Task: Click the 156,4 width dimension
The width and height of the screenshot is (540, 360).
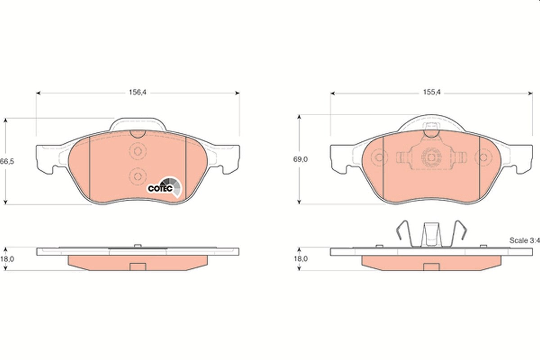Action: (x=138, y=92)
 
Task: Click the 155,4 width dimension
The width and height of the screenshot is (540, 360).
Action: (x=432, y=92)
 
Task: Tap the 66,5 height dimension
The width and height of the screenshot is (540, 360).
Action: (x=7, y=161)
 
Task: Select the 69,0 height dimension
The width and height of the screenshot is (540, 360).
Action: (x=301, y=159)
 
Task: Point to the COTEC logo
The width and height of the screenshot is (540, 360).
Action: (x=165, y=187)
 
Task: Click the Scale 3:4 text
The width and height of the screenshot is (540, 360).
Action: (x=525, y=240)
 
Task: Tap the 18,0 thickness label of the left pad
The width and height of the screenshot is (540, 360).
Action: (x=7, y=259)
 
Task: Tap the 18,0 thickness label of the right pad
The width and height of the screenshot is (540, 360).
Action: (x=301, y=259)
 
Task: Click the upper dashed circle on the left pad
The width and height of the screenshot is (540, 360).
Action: (x=138, y=151)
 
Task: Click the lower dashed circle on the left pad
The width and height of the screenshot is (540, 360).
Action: (x=138, y=176)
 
